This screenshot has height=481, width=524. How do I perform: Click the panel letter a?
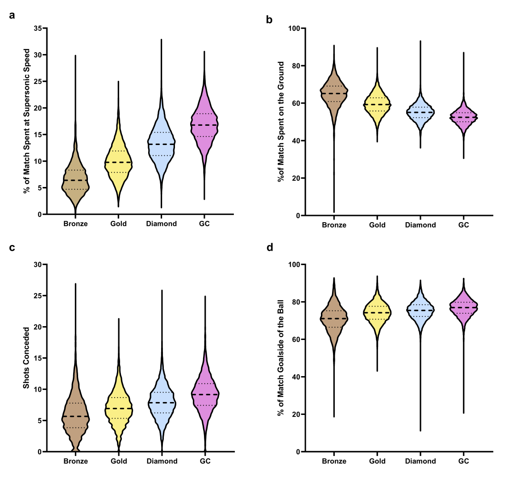pyautogui.click(x=12, y=16)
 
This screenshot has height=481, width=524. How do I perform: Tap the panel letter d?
pyautogui.click(x=270, y=247)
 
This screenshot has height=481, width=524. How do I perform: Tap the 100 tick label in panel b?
pyautogui.click(x=294, y=29)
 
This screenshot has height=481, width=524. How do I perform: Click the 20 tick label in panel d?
pyautogui.click(x=296, y=415)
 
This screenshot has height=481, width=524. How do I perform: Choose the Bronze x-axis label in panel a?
pyautogui.click(x=75, y=224)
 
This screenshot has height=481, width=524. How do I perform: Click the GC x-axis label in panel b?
pyautogui.click(x=464, y=225)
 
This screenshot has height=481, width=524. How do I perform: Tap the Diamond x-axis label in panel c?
pyautogui.click(x=162, y=461)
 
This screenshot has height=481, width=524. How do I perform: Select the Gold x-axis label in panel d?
pyautogui.click(x=377, y=461)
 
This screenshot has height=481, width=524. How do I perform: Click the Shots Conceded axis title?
pyautogui.click(x=26, y=358)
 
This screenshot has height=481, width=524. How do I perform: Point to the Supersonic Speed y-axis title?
pyautogui.click(x=26, y=121)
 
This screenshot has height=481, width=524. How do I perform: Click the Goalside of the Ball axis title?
pyautogui.click(x=281, y=357)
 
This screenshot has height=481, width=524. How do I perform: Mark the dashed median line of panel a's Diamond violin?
pyautogui.click(x=161, y=145)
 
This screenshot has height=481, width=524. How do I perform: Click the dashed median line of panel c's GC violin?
pyautogui.click(x=205, y=394)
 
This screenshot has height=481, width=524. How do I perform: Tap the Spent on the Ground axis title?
pyautogui.click(x=281, y=121)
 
